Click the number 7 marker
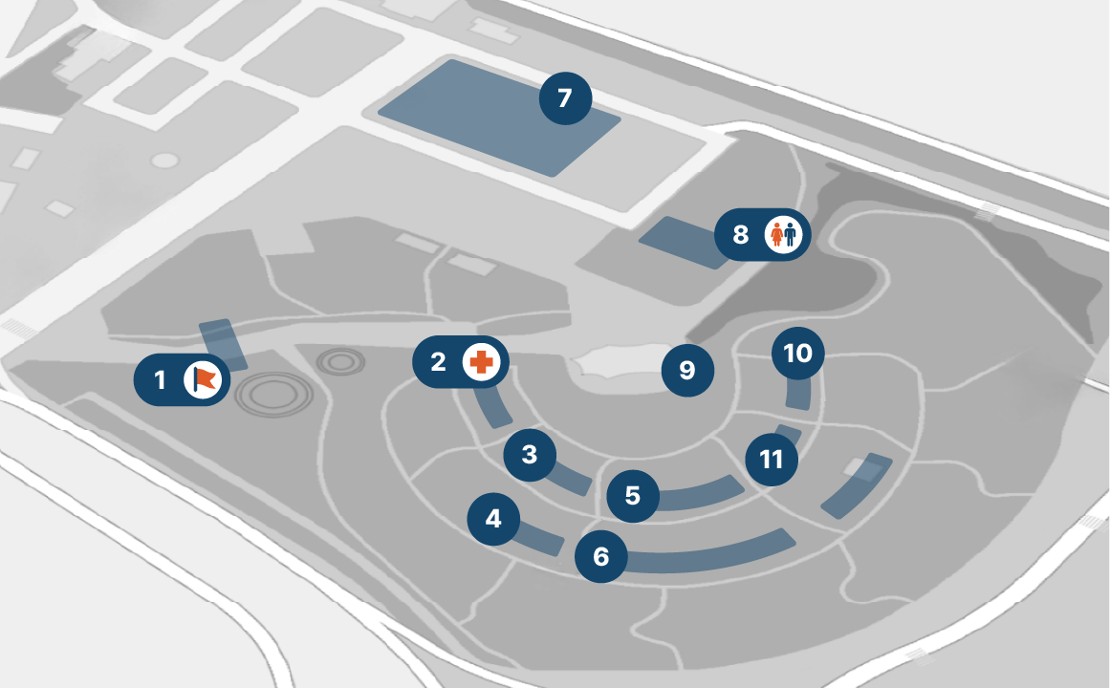click(x=565, y=97)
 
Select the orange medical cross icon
click(x=483, y=362)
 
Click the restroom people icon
click(x=785, y=234)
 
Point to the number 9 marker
click(x=687, y=370)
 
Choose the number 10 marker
click(x=797, y=354)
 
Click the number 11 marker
click(x=771, y=460)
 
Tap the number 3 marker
click(x=530, y=455)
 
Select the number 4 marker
click(x=493, y=519)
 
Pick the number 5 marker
click(x=633, y=496)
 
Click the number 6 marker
click(x=600, y=556)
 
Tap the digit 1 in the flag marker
click(x=160, y=380)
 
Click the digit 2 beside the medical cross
click(x=439, y=362)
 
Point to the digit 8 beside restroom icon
click(x=740, y=234)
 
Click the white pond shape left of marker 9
click(x=612, y=364)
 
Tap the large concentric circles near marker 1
click(x=272, y=395)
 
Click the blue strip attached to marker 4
click(x=540, y=540)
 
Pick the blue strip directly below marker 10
click(x=797, y=392)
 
